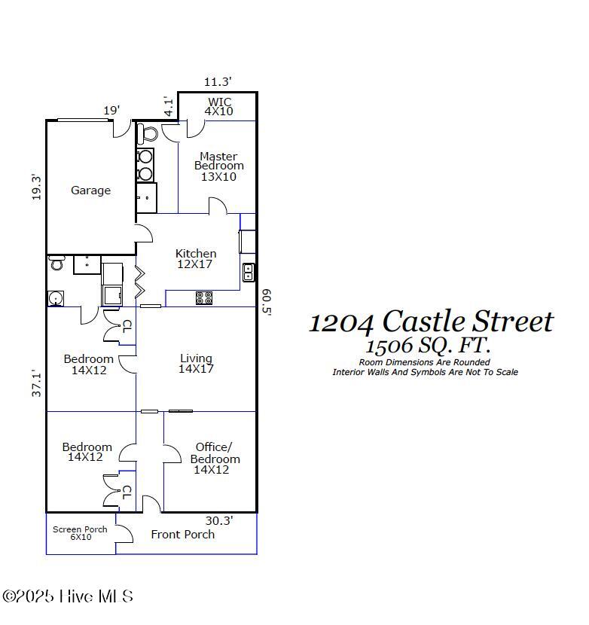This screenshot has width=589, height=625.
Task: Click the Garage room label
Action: [90, 191]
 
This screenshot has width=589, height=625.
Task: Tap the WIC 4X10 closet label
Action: [218, 106]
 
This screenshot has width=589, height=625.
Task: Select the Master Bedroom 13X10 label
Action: [218, 166]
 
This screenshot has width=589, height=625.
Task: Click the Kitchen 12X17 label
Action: [196, 259]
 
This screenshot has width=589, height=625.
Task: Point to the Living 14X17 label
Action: [196, 364]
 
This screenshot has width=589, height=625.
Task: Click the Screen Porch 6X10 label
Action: [80, 533]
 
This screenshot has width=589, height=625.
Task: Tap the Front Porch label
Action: [182, 535]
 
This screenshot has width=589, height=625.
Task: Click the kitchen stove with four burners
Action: [204, 298]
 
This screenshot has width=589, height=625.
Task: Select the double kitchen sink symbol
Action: [249, 273]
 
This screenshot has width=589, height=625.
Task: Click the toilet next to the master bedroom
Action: [148, 134]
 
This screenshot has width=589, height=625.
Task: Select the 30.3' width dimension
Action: [219, 520]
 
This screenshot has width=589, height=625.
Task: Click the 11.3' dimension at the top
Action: [218, 81]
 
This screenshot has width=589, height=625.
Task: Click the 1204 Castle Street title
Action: [431, 322]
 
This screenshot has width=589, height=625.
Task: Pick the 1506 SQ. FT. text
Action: [427, 346]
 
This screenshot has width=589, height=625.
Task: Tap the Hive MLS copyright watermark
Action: [68, 596]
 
